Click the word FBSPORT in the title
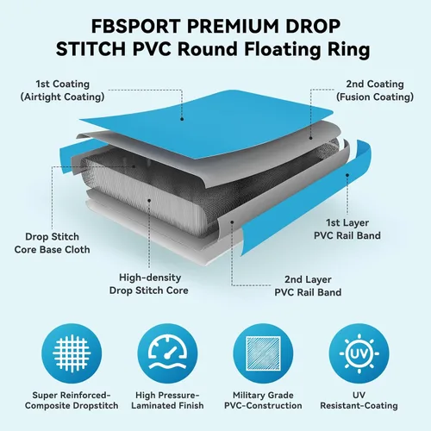point(136,26)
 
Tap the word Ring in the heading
point(348,50)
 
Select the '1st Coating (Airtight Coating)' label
point(62,91)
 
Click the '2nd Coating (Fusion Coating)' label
point(375,91)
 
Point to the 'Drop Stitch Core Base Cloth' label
point(52,243)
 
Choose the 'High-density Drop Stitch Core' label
point(149,284)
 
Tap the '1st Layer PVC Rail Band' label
point(347,229)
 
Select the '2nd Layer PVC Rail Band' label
point(308,286)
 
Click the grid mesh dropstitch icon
point(72,353)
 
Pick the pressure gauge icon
point(167,353)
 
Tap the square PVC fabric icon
point(263,353)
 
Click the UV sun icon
point(359,353)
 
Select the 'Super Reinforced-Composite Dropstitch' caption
point(72,400)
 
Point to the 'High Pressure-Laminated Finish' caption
point(167,400)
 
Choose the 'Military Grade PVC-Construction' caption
point(263,400)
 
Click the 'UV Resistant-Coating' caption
point(359,400)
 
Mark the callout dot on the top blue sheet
point(182,119)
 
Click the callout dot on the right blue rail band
point(347,175)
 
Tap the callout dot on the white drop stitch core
point(149,200)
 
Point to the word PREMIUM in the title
point(233,26)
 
